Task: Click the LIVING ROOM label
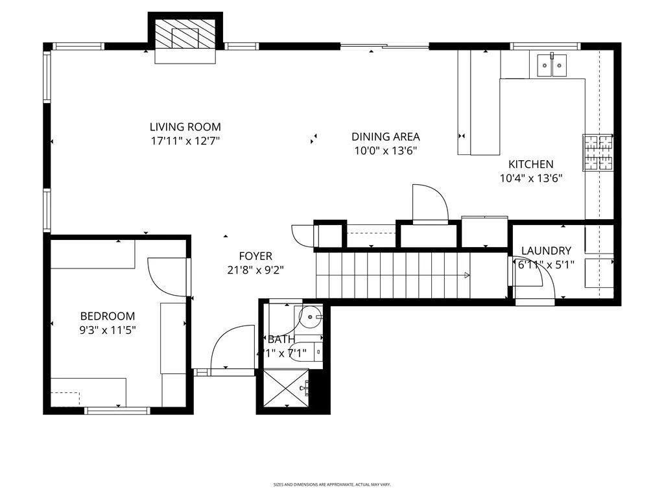click(185, 127)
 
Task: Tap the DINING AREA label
click(385, 137)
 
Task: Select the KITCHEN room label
click(530, 165)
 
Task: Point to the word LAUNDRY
click(546, 251)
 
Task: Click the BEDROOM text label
click(108, 316)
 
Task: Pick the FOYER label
click(255, 257)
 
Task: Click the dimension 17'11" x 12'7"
click(185, 141)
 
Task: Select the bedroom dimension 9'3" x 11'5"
click(108, 330)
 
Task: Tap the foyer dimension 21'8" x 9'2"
click(255, 270)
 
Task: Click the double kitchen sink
click(551, 65)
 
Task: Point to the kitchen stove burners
click(598, 154)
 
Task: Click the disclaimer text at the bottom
click(331, 484)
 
